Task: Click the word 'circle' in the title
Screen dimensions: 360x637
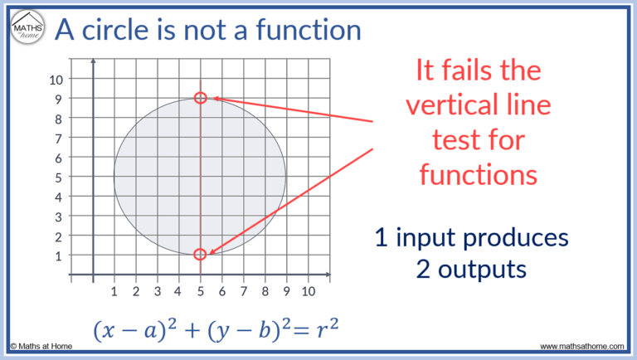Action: [127, 32]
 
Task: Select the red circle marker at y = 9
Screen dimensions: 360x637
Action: [200, 98]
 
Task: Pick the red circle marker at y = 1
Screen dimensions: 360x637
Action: [200, 254]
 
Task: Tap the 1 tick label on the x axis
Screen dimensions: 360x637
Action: [114, 291]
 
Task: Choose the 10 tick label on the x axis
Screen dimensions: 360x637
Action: [308, 291]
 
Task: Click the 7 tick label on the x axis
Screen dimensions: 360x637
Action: [243, 291]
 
